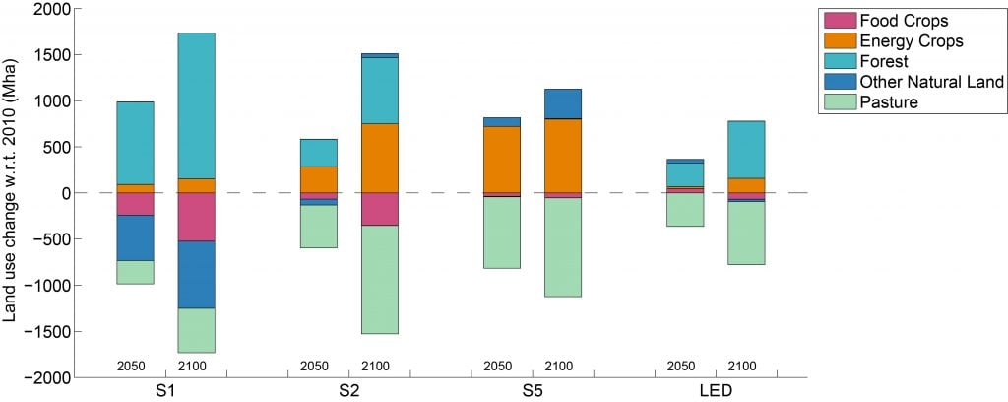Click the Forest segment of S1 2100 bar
(196, 105)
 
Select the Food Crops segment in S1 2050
(135, 204)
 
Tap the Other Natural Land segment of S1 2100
(196, 275)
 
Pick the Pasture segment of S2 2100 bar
(379, 279)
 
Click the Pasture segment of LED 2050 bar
(685, 210)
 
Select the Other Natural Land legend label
(931, 82)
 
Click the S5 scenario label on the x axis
(533, 390)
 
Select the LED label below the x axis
(717, 390)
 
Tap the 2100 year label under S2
(376, 367)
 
